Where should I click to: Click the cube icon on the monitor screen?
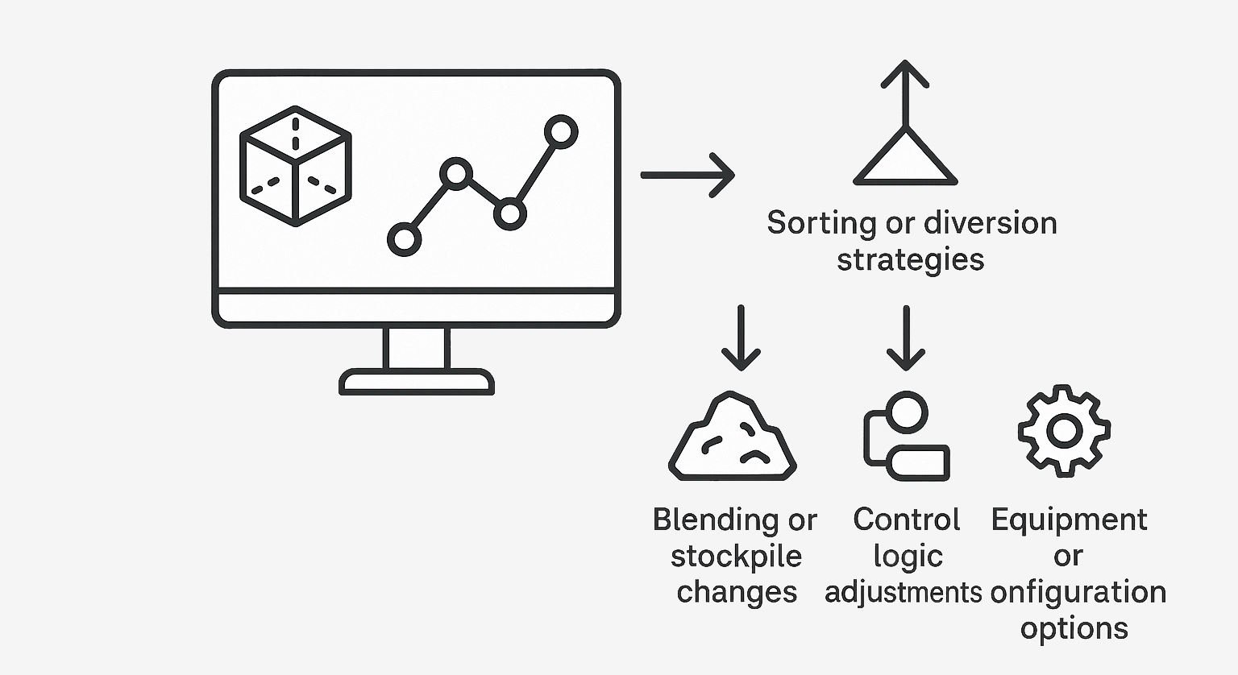tap(296, 166)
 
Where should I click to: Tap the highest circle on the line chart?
tap(561, 132)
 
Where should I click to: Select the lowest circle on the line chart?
tap(404, 240)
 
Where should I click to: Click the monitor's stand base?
tap(416, 382)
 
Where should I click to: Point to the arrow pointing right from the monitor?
tap(688, 175)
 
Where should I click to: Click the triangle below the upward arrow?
tap(905, 156)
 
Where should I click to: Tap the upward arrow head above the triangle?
tap(905, 74)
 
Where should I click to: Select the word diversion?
tap(991, 222)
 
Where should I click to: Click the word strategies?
tap(911, 259)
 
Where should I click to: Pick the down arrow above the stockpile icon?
tap(742, 337)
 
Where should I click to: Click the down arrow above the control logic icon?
tap(906, 337)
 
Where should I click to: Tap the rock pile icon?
tap(733, 437)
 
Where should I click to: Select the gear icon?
tap(1065, 431)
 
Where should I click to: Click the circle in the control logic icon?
tap(907, 412)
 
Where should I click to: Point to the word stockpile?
tap(736, 557)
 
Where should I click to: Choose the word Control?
tap(907, 520)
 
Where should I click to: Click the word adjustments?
tap(903, 593)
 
